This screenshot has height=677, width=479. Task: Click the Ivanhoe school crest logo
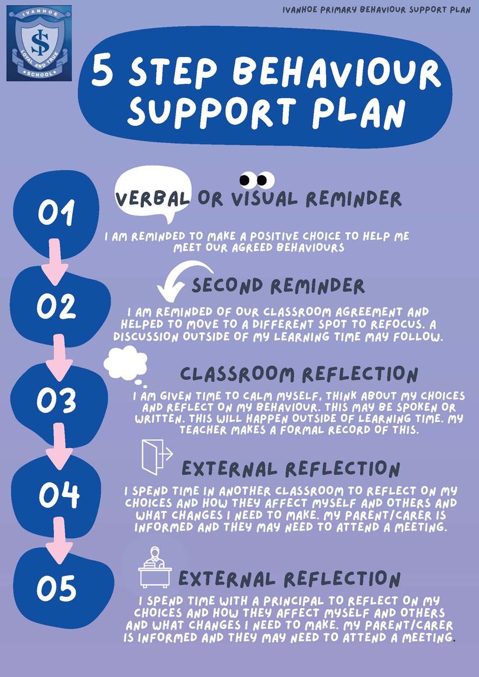coord(39,43)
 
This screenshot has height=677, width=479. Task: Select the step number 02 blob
coord(56,306)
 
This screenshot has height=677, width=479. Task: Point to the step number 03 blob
coord(56,399)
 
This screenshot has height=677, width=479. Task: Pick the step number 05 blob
coord(56,588)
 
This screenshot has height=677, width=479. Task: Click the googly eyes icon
coord(257,180)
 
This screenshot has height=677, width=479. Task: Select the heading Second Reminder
coord(278,286)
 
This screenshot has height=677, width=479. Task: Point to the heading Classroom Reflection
coord(299,374)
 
